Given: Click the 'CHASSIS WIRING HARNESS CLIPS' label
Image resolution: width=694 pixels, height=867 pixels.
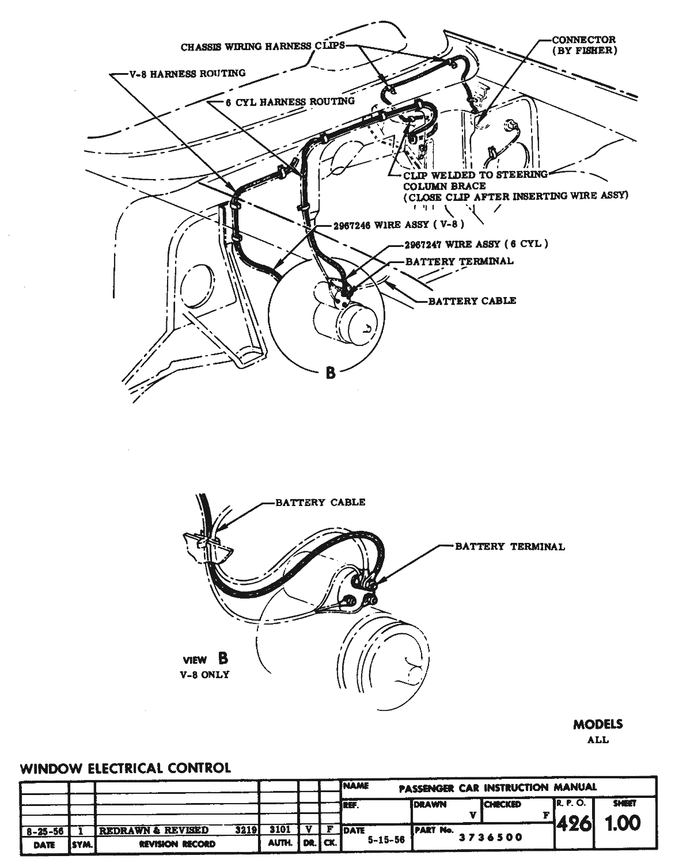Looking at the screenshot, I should coord(262,47).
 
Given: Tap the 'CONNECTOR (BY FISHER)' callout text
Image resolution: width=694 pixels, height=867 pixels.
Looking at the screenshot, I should coord(583,45).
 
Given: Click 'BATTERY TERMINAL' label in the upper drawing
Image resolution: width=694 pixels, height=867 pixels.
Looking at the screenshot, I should coord(459,261).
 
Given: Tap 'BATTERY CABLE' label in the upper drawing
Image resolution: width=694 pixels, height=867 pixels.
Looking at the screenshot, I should coord(472,301).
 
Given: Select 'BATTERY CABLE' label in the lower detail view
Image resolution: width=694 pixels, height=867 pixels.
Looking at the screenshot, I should coord(320,503).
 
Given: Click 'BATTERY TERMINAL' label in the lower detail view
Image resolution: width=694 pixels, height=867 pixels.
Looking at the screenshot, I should coord(510,546).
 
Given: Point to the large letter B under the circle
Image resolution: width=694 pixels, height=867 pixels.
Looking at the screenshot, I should coord(330,372).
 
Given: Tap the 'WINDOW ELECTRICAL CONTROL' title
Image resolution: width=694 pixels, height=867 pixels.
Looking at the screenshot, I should coord(126,768).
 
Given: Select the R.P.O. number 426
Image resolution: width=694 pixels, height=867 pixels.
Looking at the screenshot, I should coord(574,824).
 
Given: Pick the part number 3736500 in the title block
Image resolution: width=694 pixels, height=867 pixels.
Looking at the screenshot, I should coord(490,837).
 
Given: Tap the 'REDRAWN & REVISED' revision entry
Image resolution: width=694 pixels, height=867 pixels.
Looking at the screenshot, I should coord(154,831).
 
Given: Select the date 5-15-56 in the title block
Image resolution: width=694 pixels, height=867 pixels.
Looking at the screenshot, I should coord(386,841).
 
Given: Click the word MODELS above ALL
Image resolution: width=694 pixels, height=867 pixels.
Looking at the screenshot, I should coord(598,724).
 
